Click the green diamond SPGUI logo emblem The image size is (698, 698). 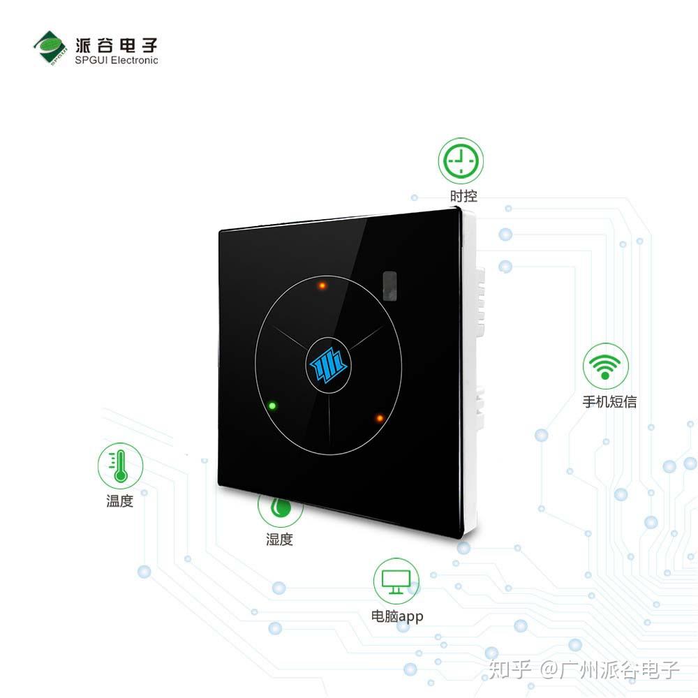coord(50,48)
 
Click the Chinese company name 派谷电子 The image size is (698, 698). coord(116,45)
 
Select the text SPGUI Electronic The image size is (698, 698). coord(116,61)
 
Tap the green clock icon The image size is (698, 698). coord(461,161)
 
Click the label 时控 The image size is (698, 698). coord(463,196)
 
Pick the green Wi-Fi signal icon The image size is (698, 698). coord(605,366)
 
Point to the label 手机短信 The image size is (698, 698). coord(609,401)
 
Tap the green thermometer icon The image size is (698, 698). coord(120,466)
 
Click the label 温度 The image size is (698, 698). coord(120,500)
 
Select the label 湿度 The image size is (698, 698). coord(280,540)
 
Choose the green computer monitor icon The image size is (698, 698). coord(396,581)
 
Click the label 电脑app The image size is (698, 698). coord(397,616)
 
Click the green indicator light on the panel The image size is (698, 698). coord(272,406)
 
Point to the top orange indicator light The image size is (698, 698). coord(322,285)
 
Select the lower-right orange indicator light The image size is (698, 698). coord(380,418)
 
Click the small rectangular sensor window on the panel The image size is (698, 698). coord(389,285)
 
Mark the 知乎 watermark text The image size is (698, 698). coord(510,669)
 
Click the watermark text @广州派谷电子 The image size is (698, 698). coord(609,669)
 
